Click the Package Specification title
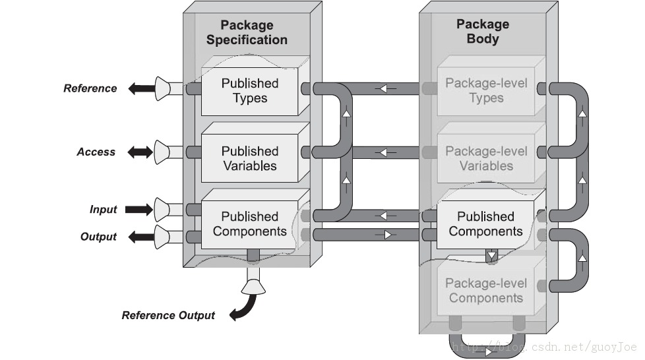point(246,32)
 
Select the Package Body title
point(483,31)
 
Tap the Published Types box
point(249,91)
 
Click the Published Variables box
point(249,158)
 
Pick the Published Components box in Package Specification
point(249,224)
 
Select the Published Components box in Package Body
point(485,224)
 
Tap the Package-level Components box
point(485,291)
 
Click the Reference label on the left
point(90,88)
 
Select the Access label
point(96,152)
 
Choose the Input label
point(103,210)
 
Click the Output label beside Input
point(98,237)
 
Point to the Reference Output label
point(168,315)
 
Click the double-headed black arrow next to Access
point(140,152)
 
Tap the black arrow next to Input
point(139,210)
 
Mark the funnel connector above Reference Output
point(253,285)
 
